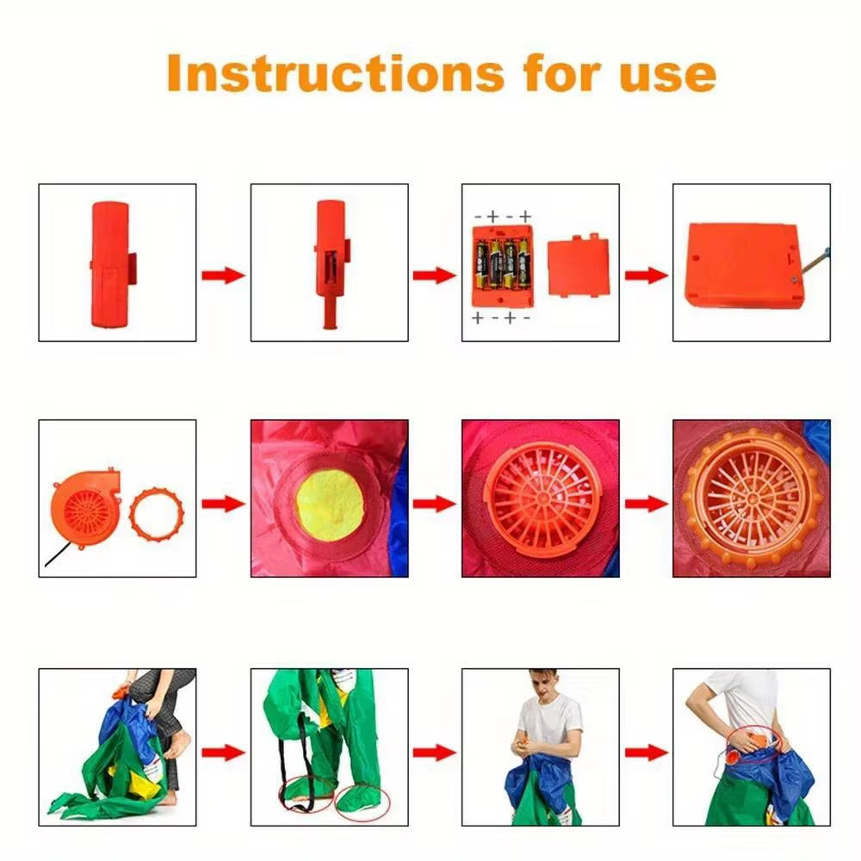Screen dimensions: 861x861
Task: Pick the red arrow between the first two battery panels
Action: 223,276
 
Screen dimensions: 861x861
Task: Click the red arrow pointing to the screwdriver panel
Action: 646,276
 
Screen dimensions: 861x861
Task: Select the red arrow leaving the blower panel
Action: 223,504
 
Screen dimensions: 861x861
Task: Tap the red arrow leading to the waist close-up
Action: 646,752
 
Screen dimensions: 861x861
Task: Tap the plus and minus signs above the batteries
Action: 502,216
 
